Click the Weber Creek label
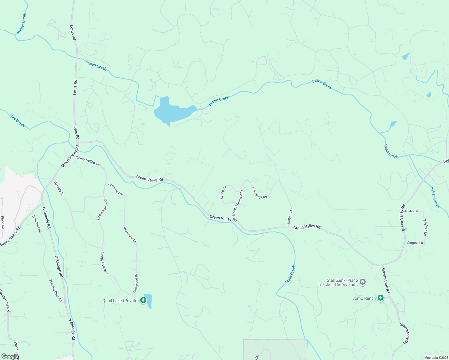pos(22,23)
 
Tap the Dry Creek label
pos(17,121)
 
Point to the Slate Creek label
pos(291,274)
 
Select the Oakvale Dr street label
pos(59,188)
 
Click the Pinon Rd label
pos(3,223)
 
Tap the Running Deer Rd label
pos(56,290)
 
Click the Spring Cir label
pos(223,193)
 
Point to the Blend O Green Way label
pos(237,203)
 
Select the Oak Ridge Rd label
pos(259,193)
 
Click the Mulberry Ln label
pos(290,216)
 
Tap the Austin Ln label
pos(411,211)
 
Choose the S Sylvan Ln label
pos(425,227)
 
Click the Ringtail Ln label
pos(415,243)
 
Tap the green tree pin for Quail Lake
pos(143,300)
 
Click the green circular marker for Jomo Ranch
pos(381,298)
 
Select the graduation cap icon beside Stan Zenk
pos(363,282)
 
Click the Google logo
pos(10,356)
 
